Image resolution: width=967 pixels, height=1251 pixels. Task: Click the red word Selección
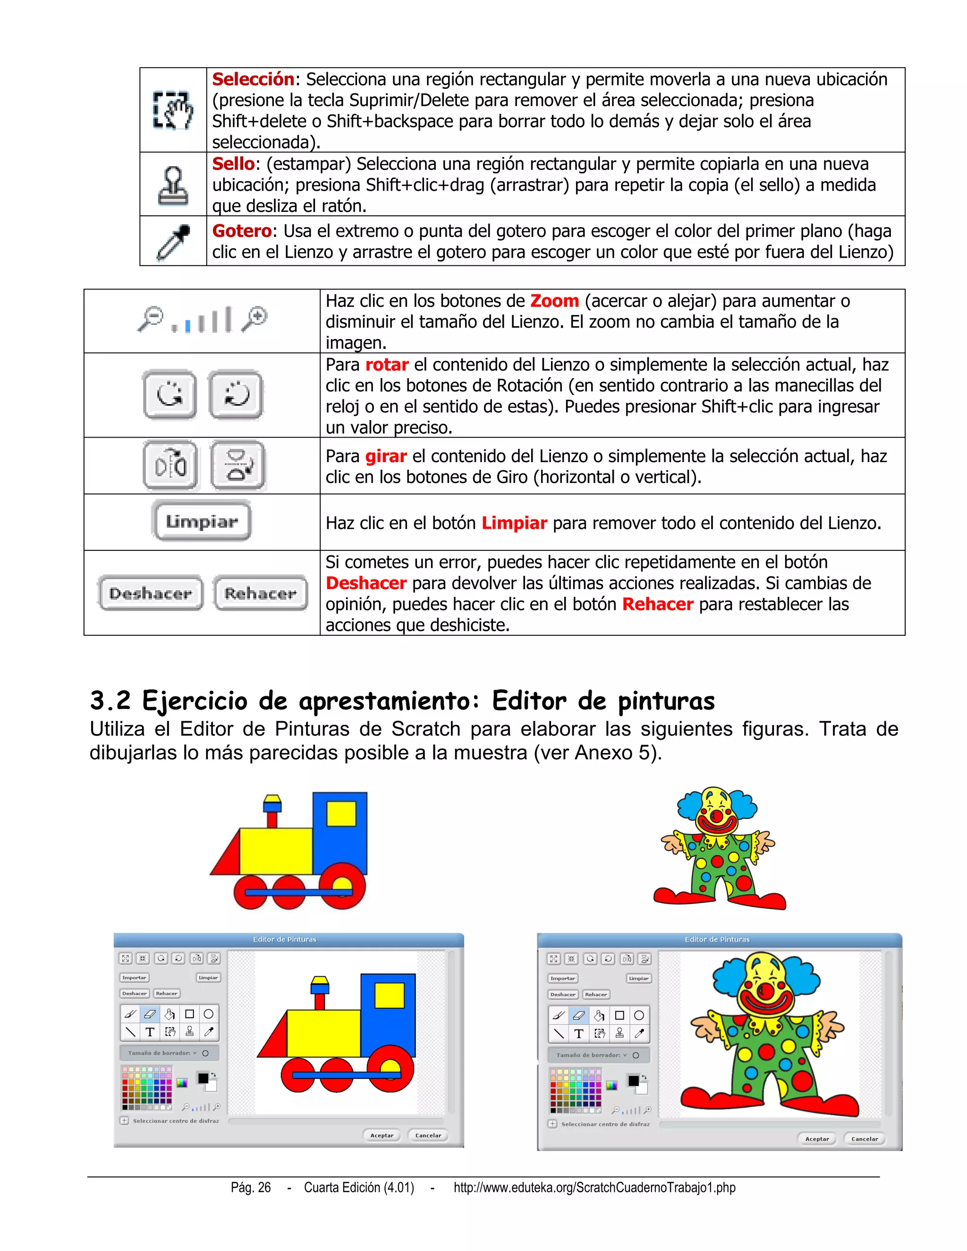pyautogui.click(x=253, y=79)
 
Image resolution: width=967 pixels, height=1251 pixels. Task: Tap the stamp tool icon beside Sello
pyautogui.click(x=173, y=186)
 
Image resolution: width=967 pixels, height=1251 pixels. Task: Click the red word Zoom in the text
pyautogui.click(x=554, y=301)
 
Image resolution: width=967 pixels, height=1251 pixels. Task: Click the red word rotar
pyautogui.click(x=387, y=365)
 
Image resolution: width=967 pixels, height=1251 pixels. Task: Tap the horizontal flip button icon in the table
pyautogui.click(x=170, y=465)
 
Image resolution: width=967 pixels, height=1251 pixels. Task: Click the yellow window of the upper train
pyautogui.click(x=341, y=814)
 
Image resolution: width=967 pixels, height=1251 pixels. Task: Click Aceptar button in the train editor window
pyautogui.click(x=382, y=1135)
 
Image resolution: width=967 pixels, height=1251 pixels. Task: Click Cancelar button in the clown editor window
pyautogui.click(x=864, y=1139)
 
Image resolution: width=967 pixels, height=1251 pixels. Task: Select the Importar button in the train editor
pyautogui.click(x=134, y=978)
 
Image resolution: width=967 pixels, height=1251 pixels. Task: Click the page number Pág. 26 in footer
pyautogui.click(x=250, y=1187)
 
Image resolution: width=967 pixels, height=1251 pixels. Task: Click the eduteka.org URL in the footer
pyautogui.click(x=594, y=1187)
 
